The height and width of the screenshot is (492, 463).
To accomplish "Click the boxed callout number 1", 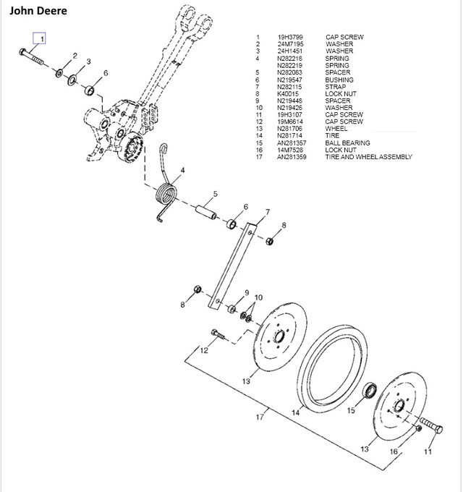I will point(43,38).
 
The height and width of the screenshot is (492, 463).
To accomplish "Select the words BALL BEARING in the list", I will point(347,143).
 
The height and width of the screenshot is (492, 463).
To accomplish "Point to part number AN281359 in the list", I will point(292,157).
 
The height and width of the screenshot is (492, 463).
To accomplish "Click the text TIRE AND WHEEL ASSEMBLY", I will point(368,157).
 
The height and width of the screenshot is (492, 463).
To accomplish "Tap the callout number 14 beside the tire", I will point(295,413).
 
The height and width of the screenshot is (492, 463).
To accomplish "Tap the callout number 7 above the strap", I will point(267,212).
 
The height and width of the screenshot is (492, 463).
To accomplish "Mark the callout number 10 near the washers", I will point(258,297).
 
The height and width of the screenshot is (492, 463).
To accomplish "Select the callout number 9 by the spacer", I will point(247,292).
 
